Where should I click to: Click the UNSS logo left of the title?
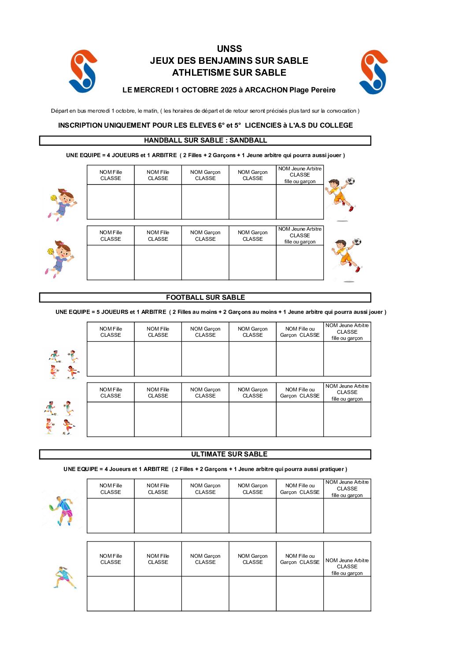pyautogui.click(x=83, y=71)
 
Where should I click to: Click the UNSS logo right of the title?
pyautogui.click(x=374, y=72)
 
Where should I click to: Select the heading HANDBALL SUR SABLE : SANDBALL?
pyautogui.click(x=205, y=140)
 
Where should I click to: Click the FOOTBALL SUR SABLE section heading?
pyautogui.click(x=205, y=298)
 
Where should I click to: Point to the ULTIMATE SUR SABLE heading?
pyautogui.click(x=229, y=454)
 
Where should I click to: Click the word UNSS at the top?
pyautogui.click(x=229, y=49)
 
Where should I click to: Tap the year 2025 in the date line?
pyautogui.click(x=229, y=90)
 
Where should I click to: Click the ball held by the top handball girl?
pyautogui.click(x=54, y=198)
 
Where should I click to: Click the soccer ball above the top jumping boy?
pyautogui.click(x=351, y=181)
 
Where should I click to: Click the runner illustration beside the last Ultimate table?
pyautogui.click(x=64, y=578)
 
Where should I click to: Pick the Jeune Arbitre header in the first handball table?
pyautogui.click(x=300, y=175)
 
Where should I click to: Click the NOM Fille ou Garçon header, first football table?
pyautogui.click(x=300, y=332)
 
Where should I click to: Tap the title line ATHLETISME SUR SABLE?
pyautogui.click(x=229, y=73)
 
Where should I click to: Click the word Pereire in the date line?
pyautogui.click(x=323, y=90)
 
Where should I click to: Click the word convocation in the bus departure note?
pyautogui.click(x=341, y=111)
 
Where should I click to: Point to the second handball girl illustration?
pyautogui.click(x=59, y=259)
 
